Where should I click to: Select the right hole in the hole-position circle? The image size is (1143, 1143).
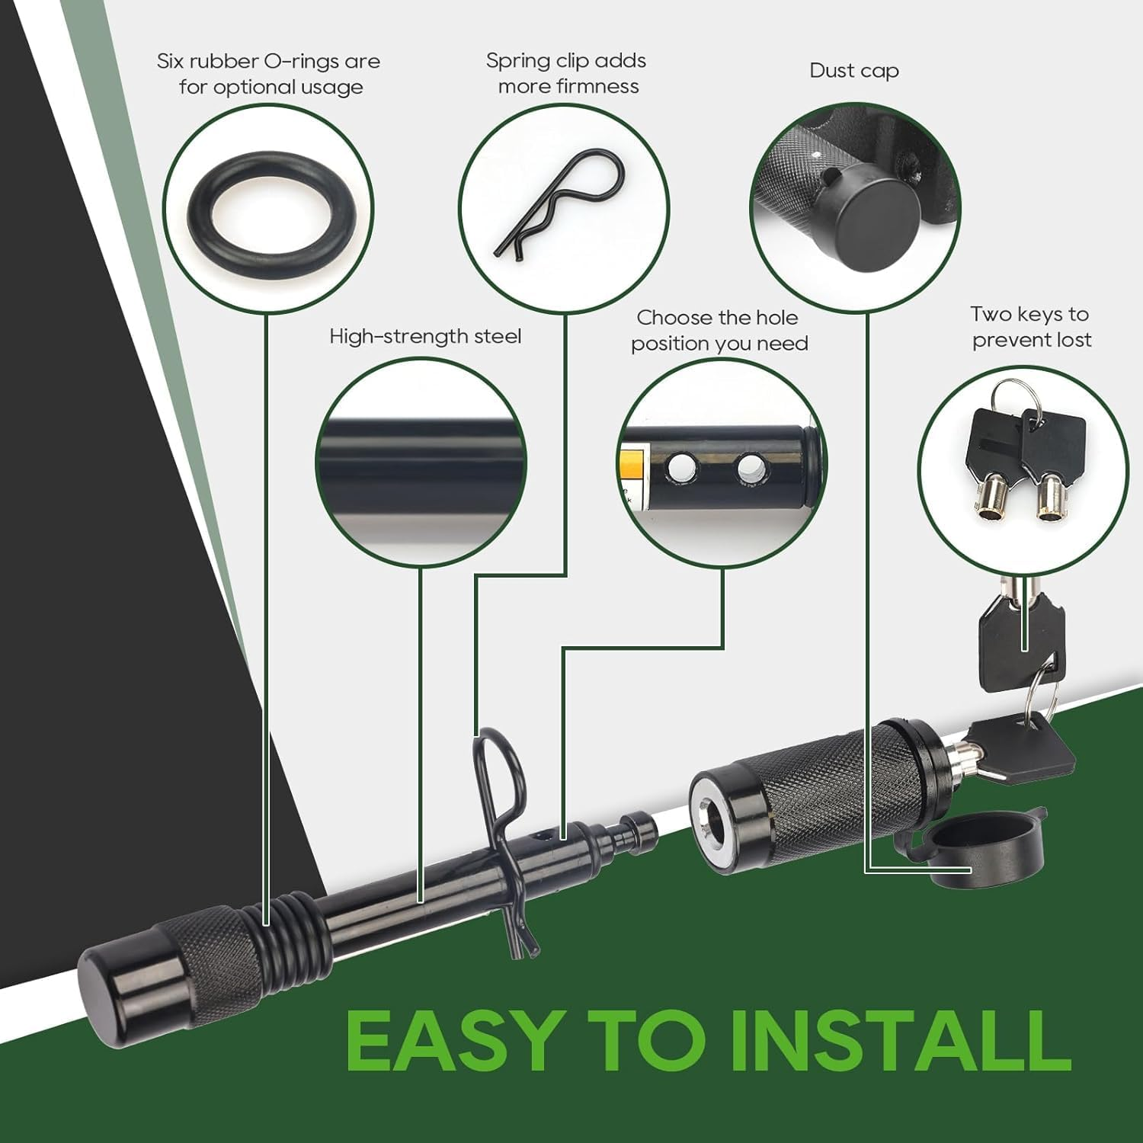tap(751, 469)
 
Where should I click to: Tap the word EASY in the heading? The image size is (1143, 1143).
tap(455, 1041)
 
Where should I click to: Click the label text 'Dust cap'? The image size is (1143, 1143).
tap(854, 71)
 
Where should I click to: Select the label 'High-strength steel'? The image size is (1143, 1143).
tap(425, 337)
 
